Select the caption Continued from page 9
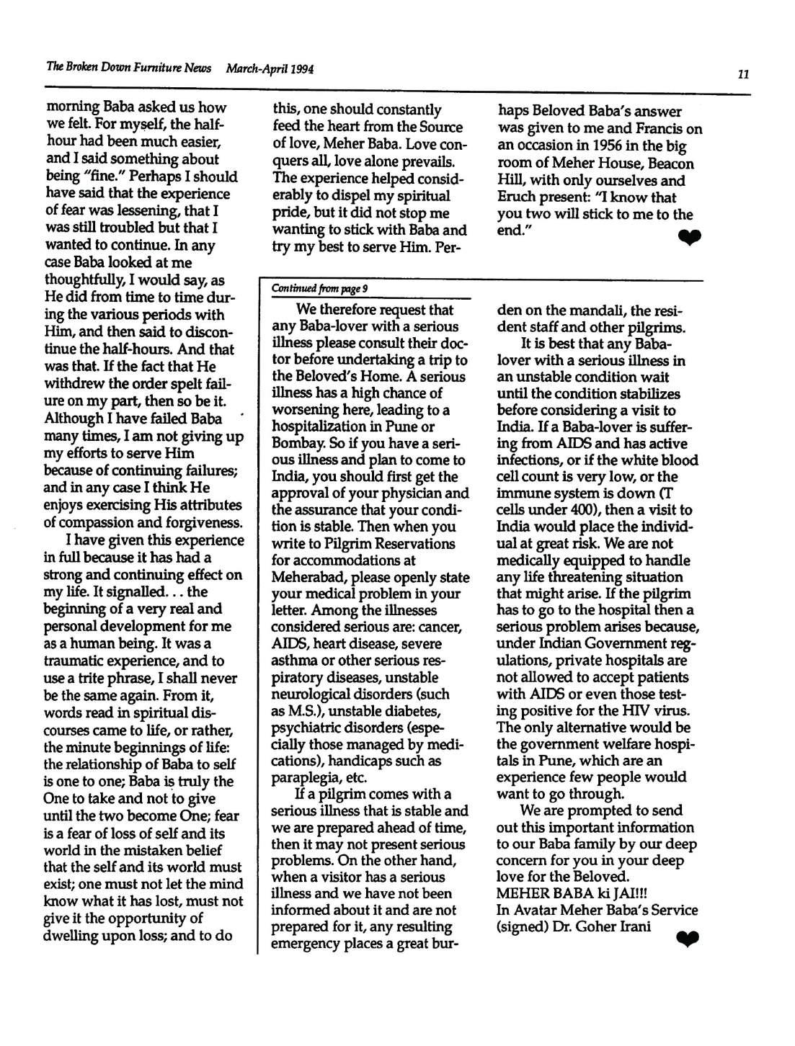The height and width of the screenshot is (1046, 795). (x=319, y=289)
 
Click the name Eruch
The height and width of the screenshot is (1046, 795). (x=517, y=197)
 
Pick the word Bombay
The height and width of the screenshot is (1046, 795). (x=295, y=443)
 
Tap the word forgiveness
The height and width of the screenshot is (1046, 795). (x=198, y=522)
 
